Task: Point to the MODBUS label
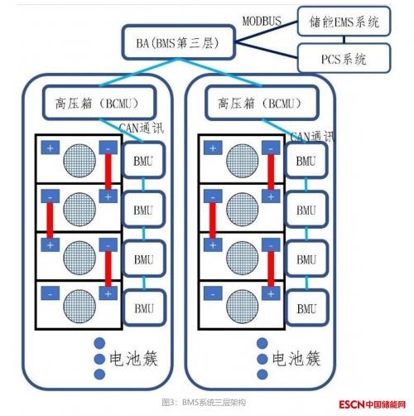[262, 21]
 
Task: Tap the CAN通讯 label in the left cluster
[142, 128]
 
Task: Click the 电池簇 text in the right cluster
[296, 359]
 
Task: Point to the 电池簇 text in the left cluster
[133, 359]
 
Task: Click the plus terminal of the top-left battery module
[50, 148]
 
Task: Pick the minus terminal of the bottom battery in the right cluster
[213, 293]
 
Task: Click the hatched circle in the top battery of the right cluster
[243, 161]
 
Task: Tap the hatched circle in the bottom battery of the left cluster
[79, 306]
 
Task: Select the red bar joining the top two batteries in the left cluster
[108, 172]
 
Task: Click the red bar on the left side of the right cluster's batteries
[213, 220]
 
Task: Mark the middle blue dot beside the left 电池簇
[99, 359]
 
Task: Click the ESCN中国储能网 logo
[373, 404]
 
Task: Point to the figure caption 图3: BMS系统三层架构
[204, 403]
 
